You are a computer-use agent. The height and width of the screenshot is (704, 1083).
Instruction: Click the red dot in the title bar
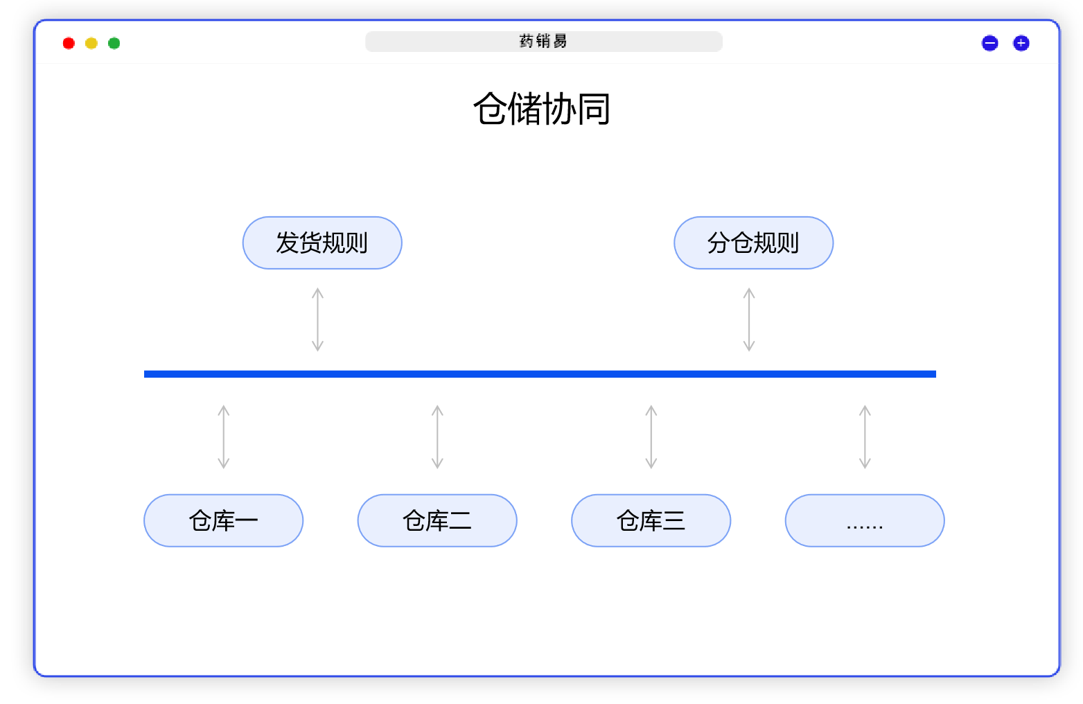click(68, 44)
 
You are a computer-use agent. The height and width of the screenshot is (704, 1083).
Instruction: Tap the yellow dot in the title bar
click(91, 44)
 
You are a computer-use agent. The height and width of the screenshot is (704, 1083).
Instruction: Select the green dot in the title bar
click(114, 44)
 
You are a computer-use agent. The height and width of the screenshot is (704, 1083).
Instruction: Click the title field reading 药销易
click(544, 42)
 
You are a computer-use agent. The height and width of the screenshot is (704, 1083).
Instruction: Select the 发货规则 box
click(322, 243)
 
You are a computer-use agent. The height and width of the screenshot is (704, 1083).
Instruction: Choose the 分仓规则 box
click(753, 243)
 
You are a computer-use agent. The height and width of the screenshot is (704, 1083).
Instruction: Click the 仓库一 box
click(223, 520)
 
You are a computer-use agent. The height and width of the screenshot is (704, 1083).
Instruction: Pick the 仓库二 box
click(437, 520)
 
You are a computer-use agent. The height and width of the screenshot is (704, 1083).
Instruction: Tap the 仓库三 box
click(651, 520)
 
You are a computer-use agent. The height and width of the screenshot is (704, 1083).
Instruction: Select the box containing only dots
click(864, 520)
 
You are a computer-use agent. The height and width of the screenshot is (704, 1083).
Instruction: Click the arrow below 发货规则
click(317, 319)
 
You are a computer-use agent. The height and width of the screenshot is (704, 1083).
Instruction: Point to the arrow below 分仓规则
click(749, 319)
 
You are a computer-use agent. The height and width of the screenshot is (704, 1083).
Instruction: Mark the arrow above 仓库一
click(223, 437)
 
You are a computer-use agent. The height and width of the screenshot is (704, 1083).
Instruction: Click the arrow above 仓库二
click(437, 437)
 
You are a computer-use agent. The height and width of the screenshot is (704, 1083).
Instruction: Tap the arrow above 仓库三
click(651, 437)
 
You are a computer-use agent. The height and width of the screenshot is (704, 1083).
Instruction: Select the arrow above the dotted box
click(865, 437)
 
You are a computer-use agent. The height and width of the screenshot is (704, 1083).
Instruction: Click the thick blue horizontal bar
click(540, 374)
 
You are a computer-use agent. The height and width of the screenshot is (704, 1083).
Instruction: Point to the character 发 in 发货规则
click(287, 243)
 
